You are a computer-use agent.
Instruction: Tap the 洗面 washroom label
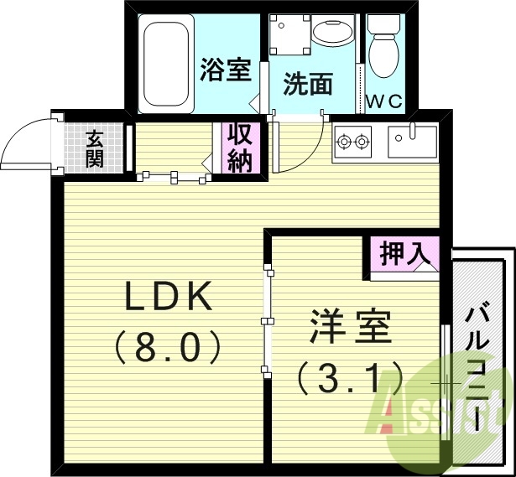(x=308, y=84)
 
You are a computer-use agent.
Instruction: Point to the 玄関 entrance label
(x=94, y=149)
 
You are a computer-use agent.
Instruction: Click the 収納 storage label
(x=240, y=148)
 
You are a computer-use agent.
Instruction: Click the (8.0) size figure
(x=168, y=345)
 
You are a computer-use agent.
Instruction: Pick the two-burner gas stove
(x=353, y=142)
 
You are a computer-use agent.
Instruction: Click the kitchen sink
(x=412, y=143)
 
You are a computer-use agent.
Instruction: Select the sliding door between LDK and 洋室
(x=267, y=319)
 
